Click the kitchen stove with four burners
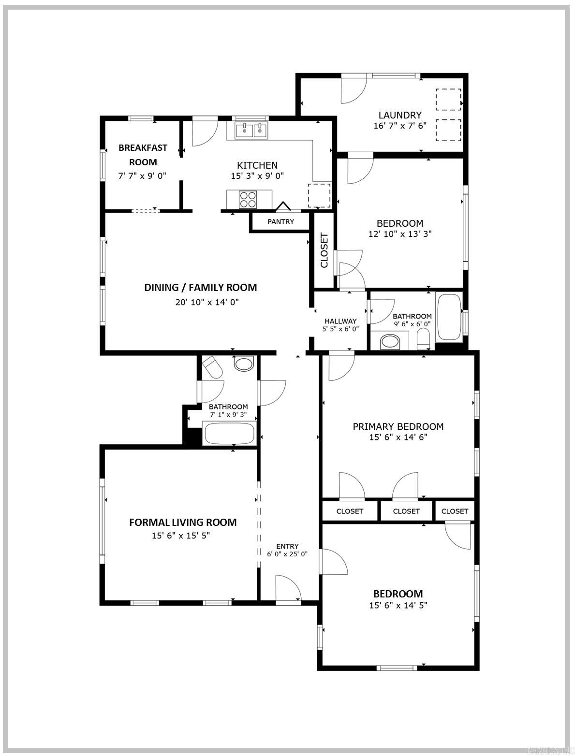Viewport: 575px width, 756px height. (248, 199)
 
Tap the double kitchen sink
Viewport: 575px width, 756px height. (251, 131)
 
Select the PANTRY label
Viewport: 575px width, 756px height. (280, 222)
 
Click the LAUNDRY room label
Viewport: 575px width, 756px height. (399, 115)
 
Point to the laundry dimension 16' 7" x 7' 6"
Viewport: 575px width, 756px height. (399, 126)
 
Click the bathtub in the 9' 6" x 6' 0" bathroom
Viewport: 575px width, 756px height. (449, 317)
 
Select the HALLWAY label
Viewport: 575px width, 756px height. (340, 321)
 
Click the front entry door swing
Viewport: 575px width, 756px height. (288, 588)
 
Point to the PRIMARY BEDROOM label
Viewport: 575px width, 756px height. (398, 426)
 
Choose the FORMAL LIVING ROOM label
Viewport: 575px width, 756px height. (183, 522)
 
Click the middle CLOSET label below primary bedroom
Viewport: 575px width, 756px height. (406, 511)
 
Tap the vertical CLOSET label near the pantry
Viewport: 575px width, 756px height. (324, 250)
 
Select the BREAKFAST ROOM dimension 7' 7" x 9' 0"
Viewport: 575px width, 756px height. (142, 176)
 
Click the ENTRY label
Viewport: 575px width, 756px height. (287, 546)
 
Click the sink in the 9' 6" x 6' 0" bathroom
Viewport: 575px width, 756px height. (391, 342)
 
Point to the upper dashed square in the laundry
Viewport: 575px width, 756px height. (448, 100)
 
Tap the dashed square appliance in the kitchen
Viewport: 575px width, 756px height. (319, 195)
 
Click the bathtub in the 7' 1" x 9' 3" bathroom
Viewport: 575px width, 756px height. (230, 434)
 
